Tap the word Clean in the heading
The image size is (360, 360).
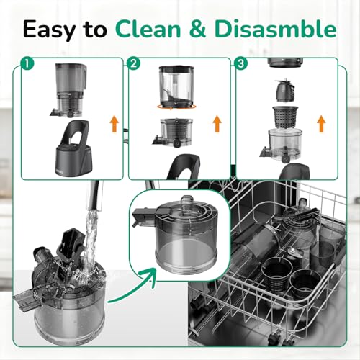[149, 30]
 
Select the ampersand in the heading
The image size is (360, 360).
[198, 30]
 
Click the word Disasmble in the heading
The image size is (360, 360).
[275, 30]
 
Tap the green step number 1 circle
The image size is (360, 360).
[27, 63]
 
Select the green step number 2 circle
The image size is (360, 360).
[134, 63]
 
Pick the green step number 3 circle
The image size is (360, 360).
[240, 63]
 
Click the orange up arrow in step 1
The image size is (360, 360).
[114, 123]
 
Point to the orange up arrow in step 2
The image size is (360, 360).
[217, 123]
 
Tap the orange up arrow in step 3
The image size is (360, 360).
[321, 123]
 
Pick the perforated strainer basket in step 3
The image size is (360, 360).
[285, 117]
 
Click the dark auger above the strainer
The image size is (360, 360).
[285, 91]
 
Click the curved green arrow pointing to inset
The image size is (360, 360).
[132, 288]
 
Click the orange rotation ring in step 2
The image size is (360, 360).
[176, 107]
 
